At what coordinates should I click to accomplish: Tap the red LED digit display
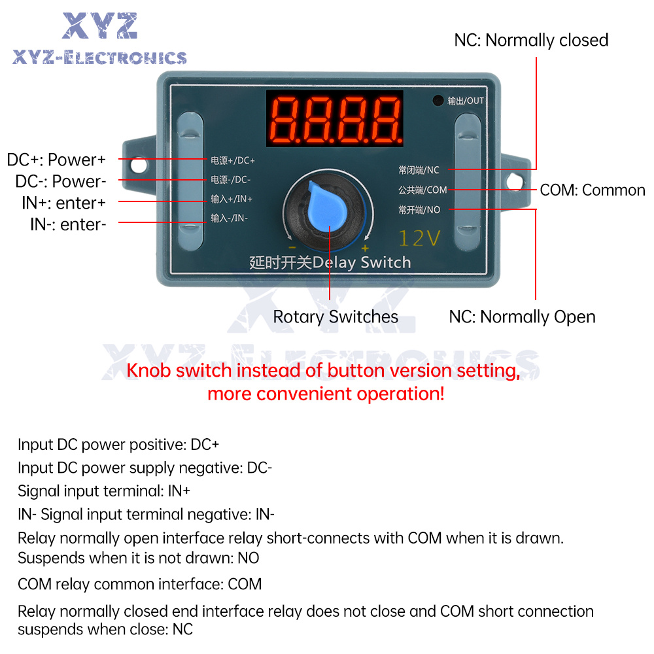(335, 118)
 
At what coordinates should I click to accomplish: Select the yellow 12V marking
(419, 238)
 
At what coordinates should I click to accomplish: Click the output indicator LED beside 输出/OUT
(438, 101)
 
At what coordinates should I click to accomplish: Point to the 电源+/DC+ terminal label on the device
(232, 161)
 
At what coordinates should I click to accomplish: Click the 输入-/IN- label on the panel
(229, 218)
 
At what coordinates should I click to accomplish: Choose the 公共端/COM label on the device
(422, 190)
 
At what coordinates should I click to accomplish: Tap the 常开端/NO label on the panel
(419, 210)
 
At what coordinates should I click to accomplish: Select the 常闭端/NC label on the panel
(419, 170)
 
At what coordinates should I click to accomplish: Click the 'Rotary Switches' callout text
(336, 317)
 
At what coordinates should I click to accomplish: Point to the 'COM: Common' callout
(593, 190)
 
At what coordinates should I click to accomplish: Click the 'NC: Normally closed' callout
(531, 41)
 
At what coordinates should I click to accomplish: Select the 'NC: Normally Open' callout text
(522, 317)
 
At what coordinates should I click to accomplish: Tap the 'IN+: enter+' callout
(64, 203)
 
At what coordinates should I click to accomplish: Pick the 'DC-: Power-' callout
(61, 181)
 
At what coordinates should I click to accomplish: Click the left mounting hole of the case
(139, 165)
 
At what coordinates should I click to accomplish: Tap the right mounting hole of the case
(515, 181)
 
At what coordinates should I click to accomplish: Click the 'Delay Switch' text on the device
(362, 263)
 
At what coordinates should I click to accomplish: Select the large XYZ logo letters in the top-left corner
(99, 26)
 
